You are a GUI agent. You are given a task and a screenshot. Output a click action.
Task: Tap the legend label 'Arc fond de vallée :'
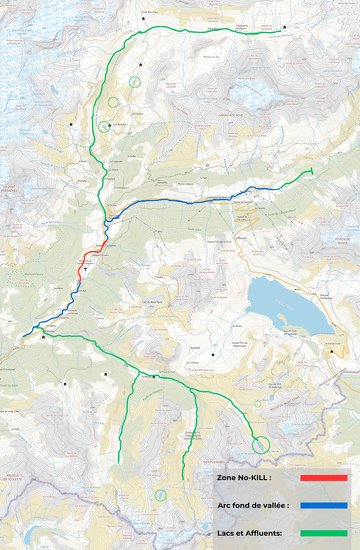click(253, 506)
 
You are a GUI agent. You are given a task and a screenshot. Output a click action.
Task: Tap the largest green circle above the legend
click(262, 444)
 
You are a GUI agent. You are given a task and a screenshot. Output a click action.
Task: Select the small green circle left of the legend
click(159, 494)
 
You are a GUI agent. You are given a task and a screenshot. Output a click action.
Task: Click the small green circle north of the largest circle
click(257, 404)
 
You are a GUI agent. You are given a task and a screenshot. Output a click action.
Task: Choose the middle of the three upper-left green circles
click(113, 101)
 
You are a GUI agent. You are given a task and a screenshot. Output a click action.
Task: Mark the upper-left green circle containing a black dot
click(104, 126)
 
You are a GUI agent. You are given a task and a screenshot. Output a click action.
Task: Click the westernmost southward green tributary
click(125, 420)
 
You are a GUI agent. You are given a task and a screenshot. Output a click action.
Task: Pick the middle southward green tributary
click(187, 430)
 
